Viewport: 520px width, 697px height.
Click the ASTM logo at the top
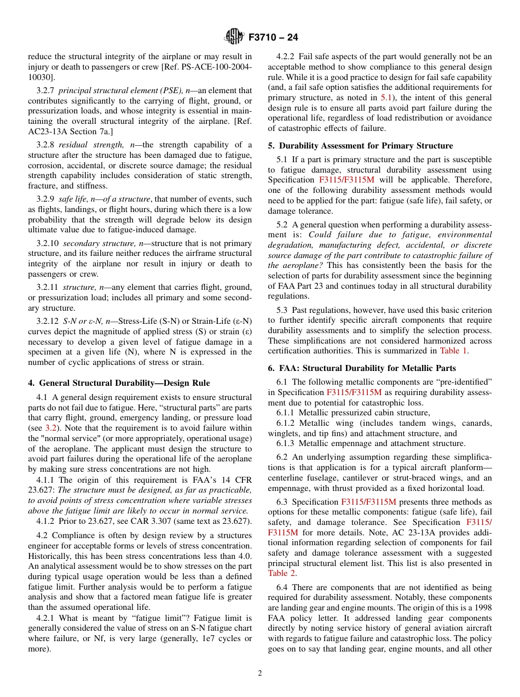[x=234, y=37]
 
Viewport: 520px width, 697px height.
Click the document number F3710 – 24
[x=273, y=38]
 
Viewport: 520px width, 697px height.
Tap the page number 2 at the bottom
[x=260, y=673]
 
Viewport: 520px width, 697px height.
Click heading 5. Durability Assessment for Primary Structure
[x=360, y=146]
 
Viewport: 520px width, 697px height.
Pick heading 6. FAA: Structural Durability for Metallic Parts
[x=361, y=368]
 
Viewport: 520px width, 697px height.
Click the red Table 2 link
[x=282, y=573]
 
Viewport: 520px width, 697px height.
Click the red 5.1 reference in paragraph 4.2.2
[x=386, y=97]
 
